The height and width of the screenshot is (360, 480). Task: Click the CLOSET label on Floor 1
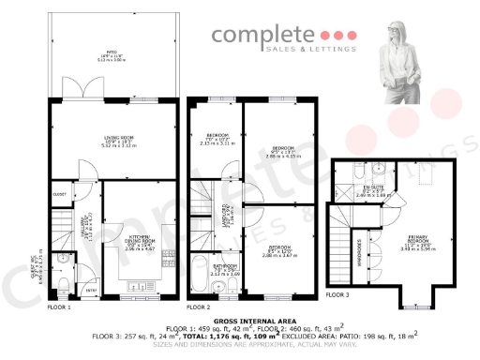coord(60,195)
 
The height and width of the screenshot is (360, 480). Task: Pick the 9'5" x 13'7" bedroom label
coord(281,152)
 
